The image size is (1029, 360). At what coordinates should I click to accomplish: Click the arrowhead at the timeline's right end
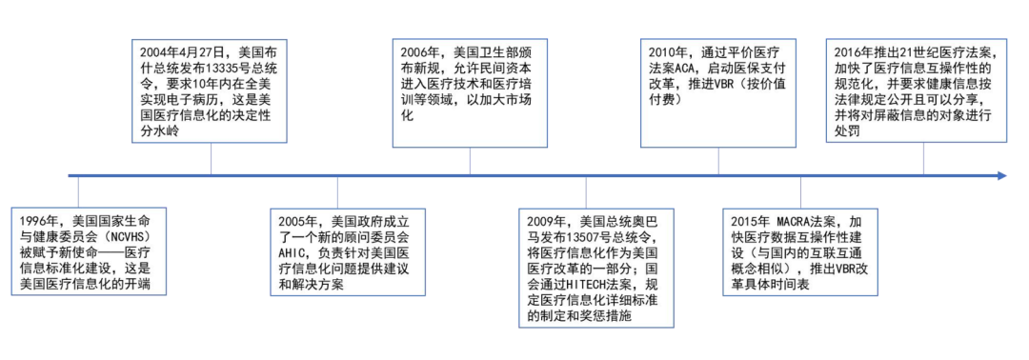[x=1000, y=175]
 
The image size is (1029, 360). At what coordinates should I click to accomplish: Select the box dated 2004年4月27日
[x=211, y=90]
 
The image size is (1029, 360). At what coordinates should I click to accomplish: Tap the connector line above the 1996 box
[x=88, y=190]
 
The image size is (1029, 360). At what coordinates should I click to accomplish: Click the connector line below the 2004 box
[x=211, y=159]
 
